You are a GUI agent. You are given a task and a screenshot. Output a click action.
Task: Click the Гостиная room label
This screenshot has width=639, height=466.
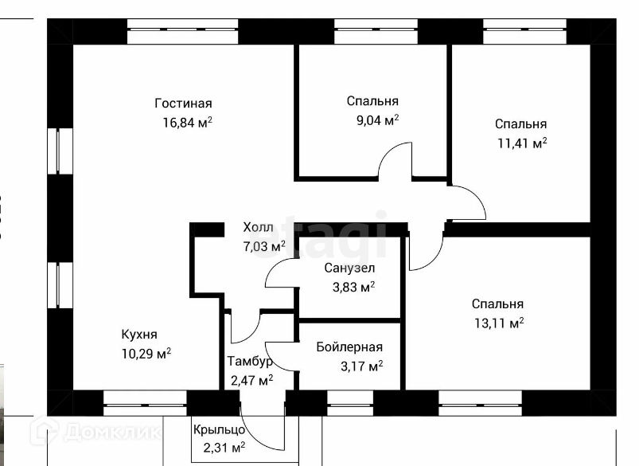pyautogui.click(x=183, y=104)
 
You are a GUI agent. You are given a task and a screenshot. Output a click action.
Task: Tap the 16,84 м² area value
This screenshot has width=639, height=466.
pyautogui.click(x=188, y=122)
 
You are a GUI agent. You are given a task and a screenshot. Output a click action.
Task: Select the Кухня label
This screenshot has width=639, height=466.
pyautogui.click(x=139, y=335)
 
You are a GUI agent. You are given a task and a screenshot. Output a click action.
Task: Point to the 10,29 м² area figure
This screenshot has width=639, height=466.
pyautogui.click(x=146, y=354)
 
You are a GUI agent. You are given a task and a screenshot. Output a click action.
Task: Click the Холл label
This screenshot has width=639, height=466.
pyautogui.click(x=258, y=227)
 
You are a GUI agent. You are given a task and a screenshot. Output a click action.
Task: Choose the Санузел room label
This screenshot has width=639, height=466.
pyautogui.click(x=349, y=268)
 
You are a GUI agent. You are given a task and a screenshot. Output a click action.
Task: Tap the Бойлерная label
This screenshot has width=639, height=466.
pyautogui.click(x=349, y=347)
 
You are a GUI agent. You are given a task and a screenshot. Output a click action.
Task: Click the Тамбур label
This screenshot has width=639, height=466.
pyautogui.click(x=249, y=362)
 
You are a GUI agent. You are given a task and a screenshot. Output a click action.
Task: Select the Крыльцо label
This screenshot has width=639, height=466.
pyautogui.click(x=220, y=429)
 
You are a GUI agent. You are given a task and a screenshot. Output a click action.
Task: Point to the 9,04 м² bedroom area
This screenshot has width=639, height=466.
pyautogui.click(x=378, y=120)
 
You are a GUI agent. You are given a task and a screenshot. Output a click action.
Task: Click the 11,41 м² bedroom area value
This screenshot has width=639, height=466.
pyautogui.click(x=522, y=143)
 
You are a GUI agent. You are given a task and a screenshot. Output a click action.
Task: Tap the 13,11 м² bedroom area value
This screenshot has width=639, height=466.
pyautogui.click(x=499, y=323)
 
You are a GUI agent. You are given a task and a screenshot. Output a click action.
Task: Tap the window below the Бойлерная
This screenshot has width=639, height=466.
pyautogui.click(x=350, y=403)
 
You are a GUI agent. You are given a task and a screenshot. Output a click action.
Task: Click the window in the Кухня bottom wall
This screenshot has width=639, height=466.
pyautogui.click(x=145, y=403)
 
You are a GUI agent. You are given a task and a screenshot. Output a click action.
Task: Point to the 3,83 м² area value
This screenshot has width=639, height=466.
pyautogui.click(x=354, y=287)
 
